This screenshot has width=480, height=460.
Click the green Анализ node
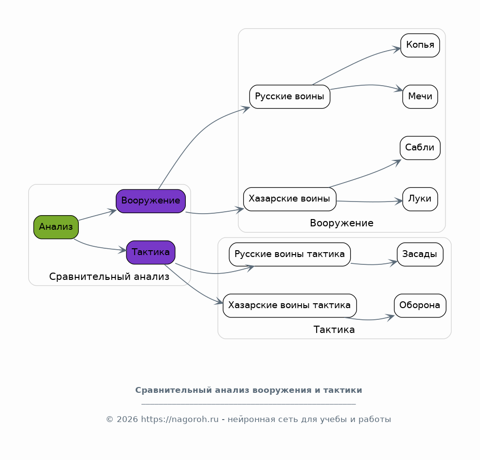56,227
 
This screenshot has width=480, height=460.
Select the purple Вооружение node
151,201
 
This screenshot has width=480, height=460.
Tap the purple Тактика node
151,253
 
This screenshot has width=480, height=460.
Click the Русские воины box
289,96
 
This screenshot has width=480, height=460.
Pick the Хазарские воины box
289,199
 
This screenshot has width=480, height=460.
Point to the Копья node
420,45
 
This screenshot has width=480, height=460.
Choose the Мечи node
420,96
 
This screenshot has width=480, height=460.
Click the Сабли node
420,148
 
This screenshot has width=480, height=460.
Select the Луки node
420,199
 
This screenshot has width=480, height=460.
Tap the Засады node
420,255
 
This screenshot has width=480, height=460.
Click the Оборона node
420,306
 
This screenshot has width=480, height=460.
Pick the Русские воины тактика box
289,255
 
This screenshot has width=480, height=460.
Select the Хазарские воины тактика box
289,306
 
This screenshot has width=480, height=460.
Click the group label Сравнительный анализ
109,277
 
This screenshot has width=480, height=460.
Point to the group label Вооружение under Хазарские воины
341,223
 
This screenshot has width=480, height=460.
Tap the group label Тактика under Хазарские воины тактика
334,330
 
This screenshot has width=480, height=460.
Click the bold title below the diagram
249,390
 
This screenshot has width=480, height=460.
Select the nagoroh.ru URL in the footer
179,419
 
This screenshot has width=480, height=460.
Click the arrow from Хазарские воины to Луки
369,202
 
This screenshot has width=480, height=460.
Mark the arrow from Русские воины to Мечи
367,85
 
